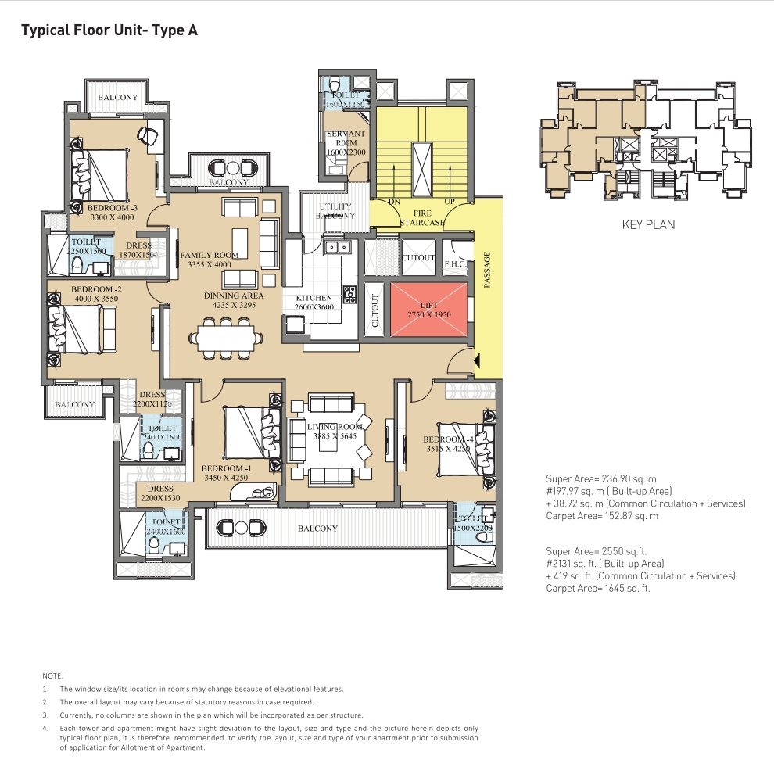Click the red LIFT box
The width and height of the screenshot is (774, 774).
tap(428, 309)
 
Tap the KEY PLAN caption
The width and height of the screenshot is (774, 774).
tap(648, 224)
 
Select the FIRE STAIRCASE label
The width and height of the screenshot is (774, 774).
tap(421, 218)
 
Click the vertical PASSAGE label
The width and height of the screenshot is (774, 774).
tap(486, 270)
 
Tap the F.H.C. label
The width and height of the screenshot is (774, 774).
tap(455, 264)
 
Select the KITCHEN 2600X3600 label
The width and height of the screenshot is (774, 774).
tap(314, 303)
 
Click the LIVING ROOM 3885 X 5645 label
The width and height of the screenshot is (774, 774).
tap(335, 431)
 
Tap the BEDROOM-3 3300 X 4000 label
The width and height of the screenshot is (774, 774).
tap(112, 213)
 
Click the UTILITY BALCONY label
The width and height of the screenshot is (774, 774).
tap(335, 211)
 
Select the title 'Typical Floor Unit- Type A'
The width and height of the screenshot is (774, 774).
tap(109, 31)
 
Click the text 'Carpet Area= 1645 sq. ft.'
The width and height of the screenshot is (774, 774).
tap(597, 589)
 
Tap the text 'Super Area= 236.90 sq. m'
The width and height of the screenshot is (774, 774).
tap(601, 478)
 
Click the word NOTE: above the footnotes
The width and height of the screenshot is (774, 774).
tap(52, 675)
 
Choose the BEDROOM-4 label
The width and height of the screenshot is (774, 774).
tap(445, 443)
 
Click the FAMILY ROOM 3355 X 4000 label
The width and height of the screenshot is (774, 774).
tap(209, 260)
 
